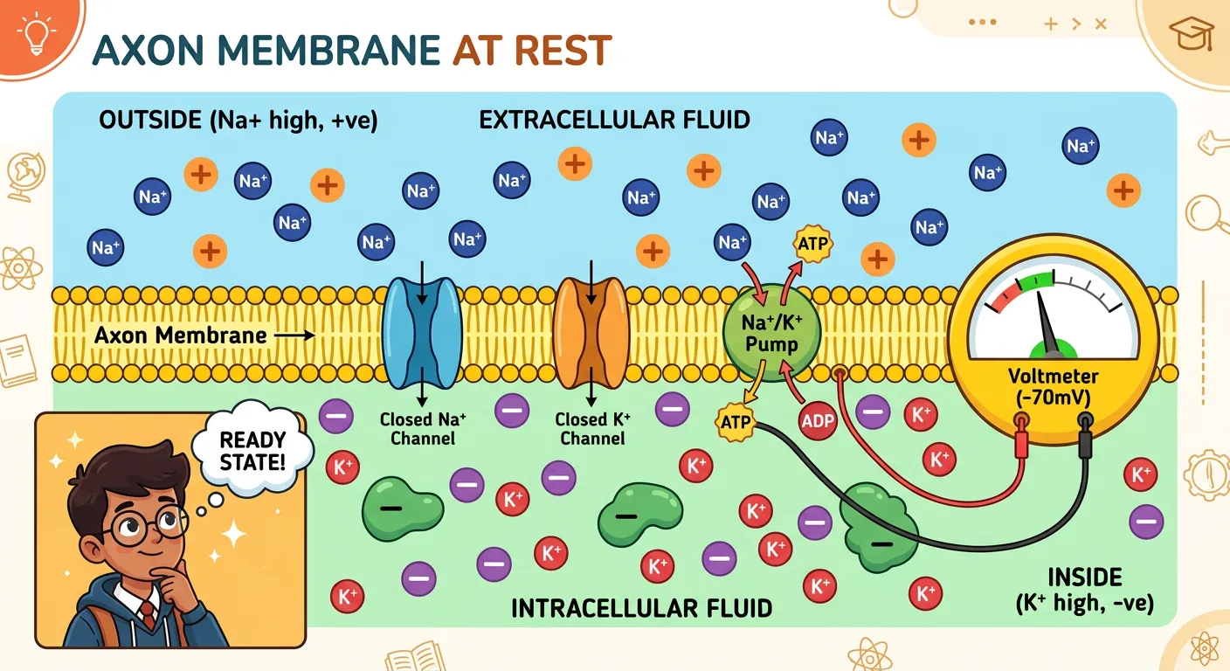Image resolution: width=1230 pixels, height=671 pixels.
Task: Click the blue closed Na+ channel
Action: (x=423, y=332)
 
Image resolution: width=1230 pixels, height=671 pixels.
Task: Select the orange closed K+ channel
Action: (x=592, y=332)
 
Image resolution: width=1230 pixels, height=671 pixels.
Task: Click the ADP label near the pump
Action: (x=818, y=421)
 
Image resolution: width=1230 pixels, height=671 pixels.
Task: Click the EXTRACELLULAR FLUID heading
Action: (x=614, y=120)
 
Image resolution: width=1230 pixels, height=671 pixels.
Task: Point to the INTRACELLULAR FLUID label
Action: (x=642, y=607)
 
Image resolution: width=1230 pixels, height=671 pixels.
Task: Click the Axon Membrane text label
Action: (x=180, y=335)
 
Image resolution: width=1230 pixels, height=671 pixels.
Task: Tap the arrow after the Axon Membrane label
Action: (x=297, y=335)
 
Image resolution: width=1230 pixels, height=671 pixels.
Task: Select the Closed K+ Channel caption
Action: (x=593, y=428)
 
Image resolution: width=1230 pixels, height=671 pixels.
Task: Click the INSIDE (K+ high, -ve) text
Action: (x=1084, y=590)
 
